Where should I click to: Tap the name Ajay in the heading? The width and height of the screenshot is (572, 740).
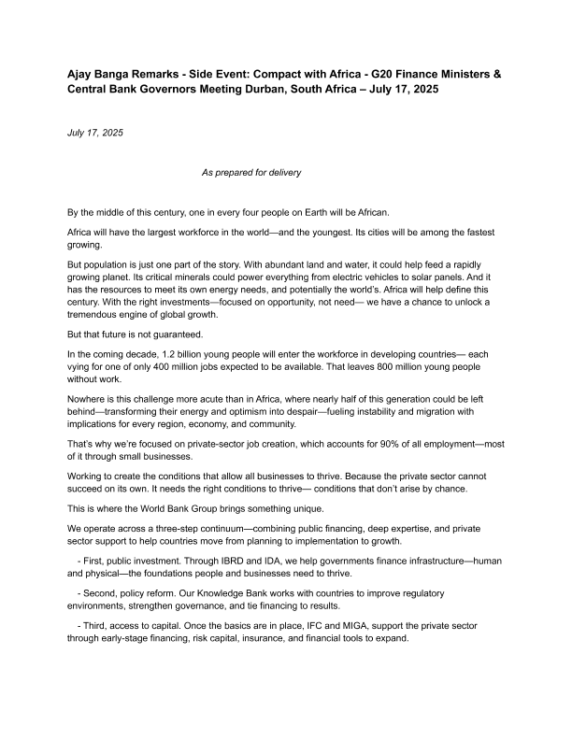click(81, 72)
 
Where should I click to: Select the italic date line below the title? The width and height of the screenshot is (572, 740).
click(94, 133)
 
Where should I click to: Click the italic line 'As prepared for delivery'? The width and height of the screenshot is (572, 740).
click(251, 172)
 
